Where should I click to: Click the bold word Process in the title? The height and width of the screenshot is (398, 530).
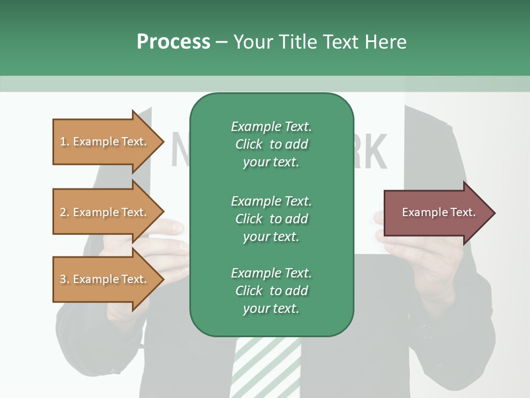point(173,42)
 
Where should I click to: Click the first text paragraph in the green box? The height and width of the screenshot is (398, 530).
point(271,144)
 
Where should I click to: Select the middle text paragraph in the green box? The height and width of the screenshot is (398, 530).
point(271,218)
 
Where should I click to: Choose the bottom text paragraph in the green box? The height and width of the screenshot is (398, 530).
point(271,291)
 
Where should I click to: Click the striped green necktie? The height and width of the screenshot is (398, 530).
point(265,368)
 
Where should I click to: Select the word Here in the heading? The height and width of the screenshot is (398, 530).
point(386,42)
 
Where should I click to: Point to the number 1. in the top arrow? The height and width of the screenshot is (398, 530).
point(65,142)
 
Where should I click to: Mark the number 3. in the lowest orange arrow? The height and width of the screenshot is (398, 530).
point(65,279)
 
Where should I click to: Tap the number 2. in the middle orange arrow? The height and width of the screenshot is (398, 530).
point(65,212)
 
